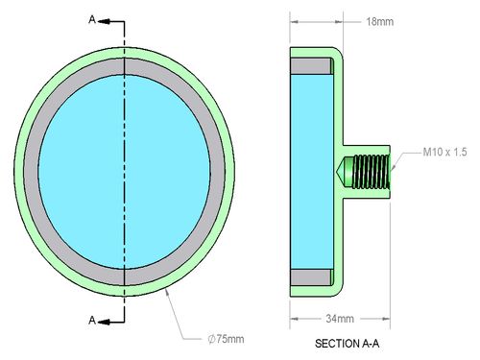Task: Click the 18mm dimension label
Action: (380, 22)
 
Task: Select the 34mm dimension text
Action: (340, 319)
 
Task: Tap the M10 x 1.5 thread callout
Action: (444, 152)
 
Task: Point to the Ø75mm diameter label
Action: (226, 339)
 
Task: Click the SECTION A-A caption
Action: (348, 344)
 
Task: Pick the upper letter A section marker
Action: (92, 20)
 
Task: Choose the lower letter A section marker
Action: (92, 320)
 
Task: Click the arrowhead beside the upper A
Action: (104, 21)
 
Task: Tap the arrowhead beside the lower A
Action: (104, 322)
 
